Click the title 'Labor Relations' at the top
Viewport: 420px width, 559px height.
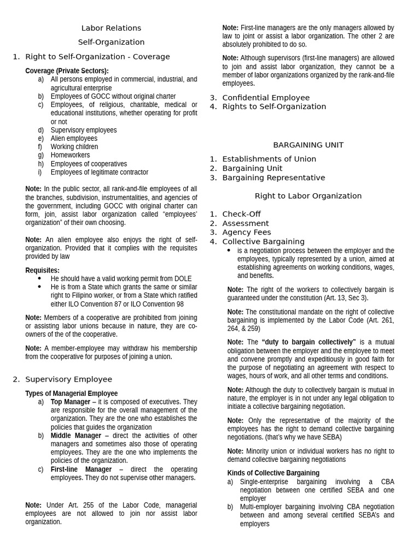point(111,28)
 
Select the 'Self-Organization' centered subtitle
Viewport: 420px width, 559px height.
point(111,42)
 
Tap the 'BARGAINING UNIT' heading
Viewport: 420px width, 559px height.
point(308,145)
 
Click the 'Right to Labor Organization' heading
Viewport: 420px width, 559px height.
point(308,196)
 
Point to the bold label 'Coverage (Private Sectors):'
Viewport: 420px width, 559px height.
point(67,70)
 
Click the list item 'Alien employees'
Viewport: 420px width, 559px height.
point(74,139)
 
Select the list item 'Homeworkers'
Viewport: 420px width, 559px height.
point(70,155)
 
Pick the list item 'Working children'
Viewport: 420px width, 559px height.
point(74,147)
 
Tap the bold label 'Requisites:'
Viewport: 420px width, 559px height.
point(43,270)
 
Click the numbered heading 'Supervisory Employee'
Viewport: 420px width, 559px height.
point(68,379)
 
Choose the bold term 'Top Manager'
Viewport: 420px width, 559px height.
point(71,402)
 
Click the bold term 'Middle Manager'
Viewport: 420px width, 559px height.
point(76,436)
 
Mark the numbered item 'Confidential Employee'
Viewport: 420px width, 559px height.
point(266,98)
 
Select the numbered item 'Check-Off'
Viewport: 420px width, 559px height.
point(241,214)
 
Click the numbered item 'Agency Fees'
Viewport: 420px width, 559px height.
point(247,232)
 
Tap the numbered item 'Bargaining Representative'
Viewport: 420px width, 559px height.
point(273,177)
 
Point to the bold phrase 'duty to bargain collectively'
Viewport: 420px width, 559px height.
point(309,342)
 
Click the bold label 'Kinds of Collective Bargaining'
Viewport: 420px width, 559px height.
point(273,473)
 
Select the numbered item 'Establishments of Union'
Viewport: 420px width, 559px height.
point(269,159)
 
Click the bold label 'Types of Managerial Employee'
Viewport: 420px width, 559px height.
point(72,393)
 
